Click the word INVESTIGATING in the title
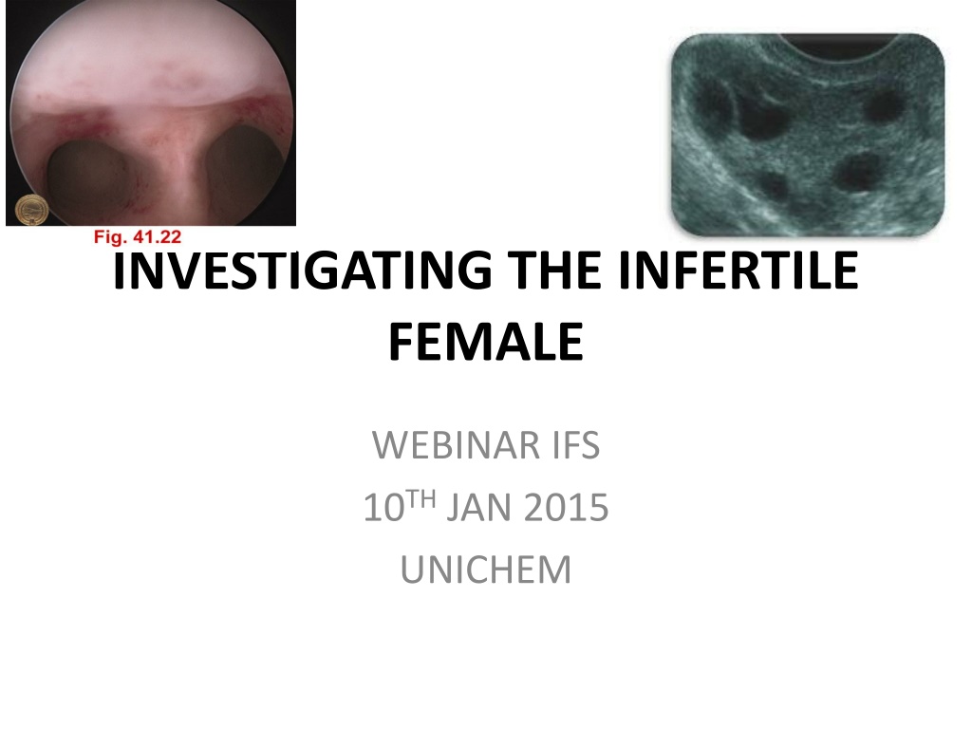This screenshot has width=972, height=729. (x=303, y=271)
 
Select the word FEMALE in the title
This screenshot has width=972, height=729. (x=486, y=342)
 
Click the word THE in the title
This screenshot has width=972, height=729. (x=554, y=271)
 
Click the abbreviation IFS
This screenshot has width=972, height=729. (x=576, y=445)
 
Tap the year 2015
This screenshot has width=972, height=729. (x=566, y=507)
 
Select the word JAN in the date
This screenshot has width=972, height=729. (x=478, y=507)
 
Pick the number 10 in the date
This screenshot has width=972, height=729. (x=383, y=507)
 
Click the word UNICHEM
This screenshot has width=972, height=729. (x=486, y=570)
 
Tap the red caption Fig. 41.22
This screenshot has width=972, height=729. (x=138, y=236)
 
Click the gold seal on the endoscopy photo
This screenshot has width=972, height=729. (x=31, y=210)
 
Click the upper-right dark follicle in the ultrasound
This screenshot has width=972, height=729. (x=885, y=105)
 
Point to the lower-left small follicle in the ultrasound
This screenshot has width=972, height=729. (x=773, y=184)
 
